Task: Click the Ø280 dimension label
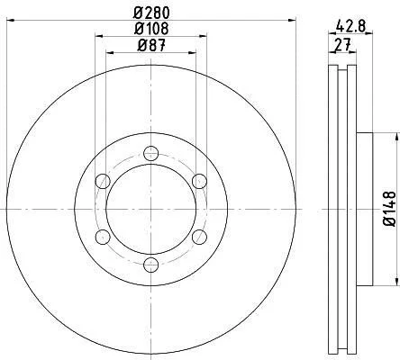pos(151,13)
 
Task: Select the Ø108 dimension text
pos(151,29)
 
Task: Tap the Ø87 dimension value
pos(151,46)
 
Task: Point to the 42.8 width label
pos(350,25)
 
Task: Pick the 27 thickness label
pos(342,45)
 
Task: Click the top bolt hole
pos(150,154)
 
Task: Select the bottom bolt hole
pos(150,265)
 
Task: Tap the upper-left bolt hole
pos(103,181)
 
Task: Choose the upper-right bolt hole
pos(199,181)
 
